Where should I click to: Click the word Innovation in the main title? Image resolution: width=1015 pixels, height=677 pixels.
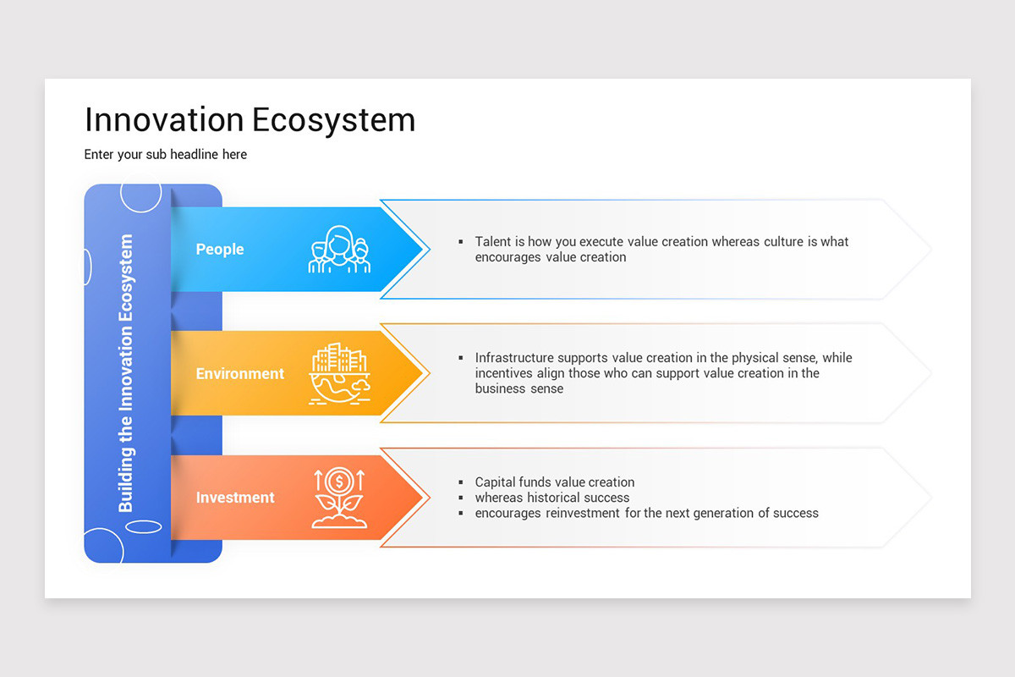click(164, 119)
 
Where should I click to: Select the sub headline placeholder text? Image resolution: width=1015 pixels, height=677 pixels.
click(166, 155)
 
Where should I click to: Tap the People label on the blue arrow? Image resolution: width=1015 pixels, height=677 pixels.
click(220, 250)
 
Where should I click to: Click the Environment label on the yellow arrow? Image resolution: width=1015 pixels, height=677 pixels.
click(239, 374)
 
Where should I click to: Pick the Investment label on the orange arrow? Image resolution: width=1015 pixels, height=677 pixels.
click(235, 498)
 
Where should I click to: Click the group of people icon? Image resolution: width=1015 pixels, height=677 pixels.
click(339, 249)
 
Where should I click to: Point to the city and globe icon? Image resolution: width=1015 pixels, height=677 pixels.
click(339, 373)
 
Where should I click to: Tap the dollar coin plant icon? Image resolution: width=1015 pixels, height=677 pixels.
click(339, 498)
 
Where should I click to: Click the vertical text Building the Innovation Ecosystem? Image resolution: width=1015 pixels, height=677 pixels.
click(125, 372)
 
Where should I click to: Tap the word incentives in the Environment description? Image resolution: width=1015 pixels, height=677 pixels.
click(503, 373)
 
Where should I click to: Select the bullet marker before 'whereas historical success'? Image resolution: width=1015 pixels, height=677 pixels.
click(461, 498)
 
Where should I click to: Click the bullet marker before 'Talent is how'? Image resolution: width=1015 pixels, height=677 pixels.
click(461, 242)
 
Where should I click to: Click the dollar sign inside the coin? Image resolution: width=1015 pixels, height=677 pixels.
click(339, 482)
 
